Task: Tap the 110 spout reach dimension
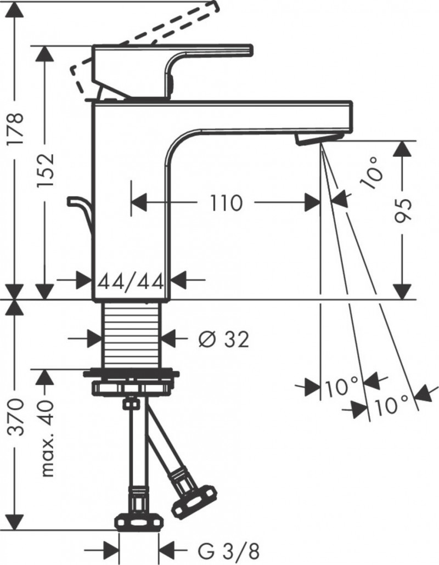[225, 203]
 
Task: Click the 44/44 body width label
[132, 282]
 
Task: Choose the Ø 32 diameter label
[223, 341]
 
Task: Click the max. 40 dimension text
[47, 439]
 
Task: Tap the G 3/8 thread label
[220, 549]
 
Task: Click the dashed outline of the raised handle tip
[80, 77]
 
